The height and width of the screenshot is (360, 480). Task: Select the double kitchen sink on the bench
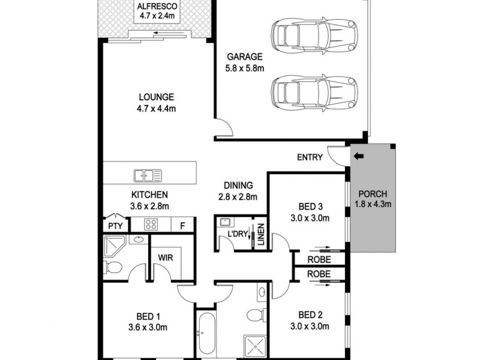(x=148, y=175)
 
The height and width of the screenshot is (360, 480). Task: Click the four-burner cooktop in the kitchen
(x=150, y=225)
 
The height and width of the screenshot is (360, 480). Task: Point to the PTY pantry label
(x=114, y=226)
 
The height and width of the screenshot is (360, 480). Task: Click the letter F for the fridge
(x=182, y=226)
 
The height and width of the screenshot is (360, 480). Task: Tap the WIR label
(x=165, y=257)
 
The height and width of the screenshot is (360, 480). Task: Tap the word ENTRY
(x=310, y=158)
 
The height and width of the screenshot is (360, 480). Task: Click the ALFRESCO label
(x=154, y=7)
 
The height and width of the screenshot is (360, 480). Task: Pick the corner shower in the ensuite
(x=114, y=246)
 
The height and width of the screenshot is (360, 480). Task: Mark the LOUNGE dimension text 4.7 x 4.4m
(x=156, y=109)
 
